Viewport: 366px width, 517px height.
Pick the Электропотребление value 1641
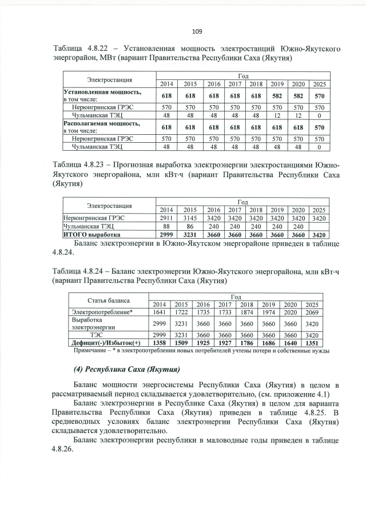click(160, 312)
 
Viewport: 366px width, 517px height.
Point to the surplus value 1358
click(160, 343)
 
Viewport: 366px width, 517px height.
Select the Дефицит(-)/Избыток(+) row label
click(105, 343)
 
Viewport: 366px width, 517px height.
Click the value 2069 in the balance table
click(312, 312)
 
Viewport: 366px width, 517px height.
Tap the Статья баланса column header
click(108, 300)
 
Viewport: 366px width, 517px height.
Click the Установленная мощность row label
click(102, 91)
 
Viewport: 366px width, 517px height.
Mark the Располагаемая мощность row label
click(101, 123)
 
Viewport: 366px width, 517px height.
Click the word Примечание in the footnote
click(87, 350)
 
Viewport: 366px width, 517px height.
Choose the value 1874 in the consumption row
click(247, 312)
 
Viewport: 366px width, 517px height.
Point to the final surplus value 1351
click(312, 343)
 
